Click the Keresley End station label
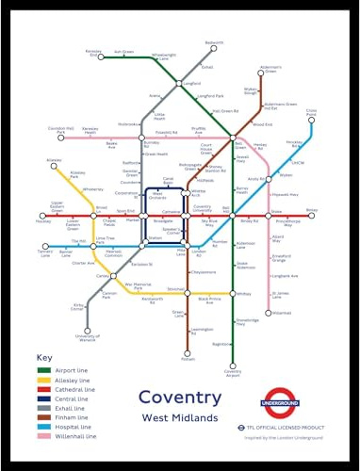coord(93,54)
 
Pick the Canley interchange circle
coord(101,276)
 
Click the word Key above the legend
coord(43,358)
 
